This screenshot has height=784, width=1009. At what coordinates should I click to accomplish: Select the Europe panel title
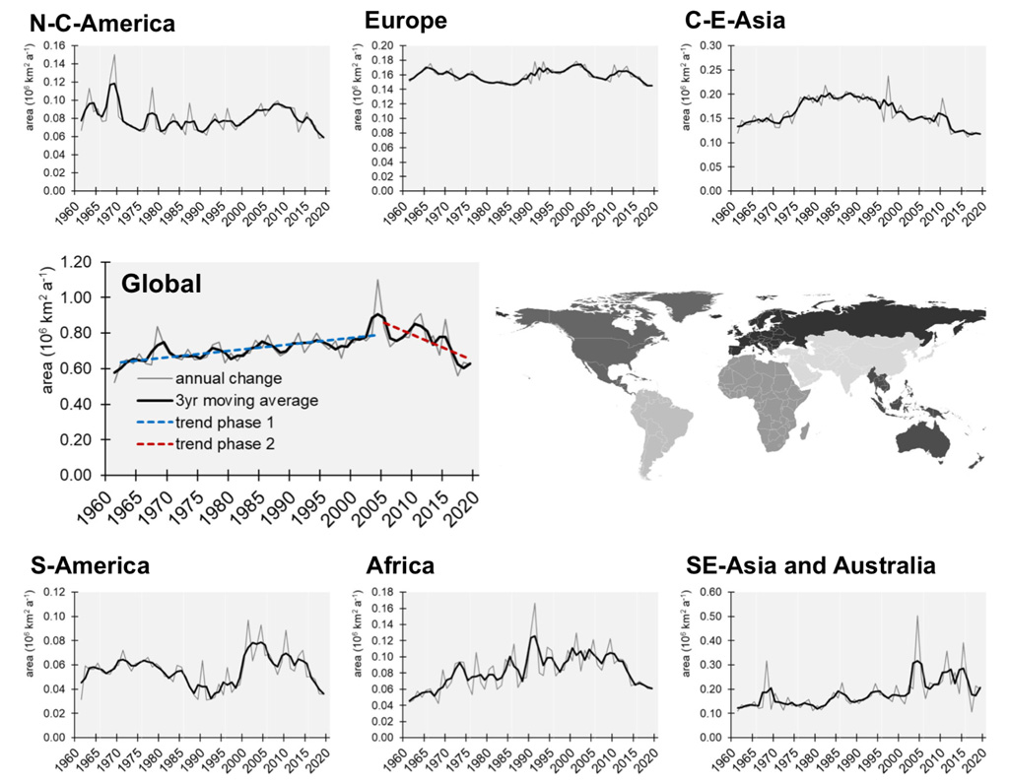click(406, 21)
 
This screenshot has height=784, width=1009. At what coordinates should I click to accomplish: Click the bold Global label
click(162, 284)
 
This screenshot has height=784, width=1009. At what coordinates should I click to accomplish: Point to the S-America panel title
click(89, 565)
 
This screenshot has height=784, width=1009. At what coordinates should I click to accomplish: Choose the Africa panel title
click(400, 565)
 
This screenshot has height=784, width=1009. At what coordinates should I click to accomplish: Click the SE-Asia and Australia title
click(811, 565)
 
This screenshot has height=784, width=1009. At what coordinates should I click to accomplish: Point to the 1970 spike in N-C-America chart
click(114, 55)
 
